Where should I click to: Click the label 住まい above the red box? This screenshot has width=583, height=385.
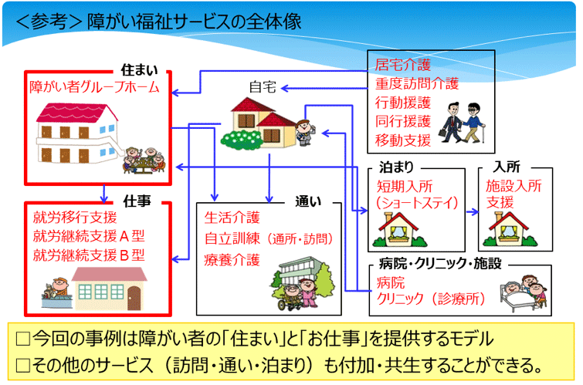coord(140,70)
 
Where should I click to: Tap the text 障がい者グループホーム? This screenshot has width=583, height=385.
coord(94,87)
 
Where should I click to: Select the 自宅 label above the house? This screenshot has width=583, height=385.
coord(263,87)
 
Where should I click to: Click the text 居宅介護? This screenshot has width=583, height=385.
coord(402,65)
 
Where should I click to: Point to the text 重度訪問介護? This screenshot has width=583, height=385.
coord(417,83)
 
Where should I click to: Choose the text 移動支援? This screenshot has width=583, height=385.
coord(402,140)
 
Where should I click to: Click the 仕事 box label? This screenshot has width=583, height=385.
coord(137,201)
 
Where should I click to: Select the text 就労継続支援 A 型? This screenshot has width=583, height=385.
coord(89,236)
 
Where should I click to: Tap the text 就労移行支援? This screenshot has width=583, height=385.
coord(75,218)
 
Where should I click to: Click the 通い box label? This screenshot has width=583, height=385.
coord(308,201)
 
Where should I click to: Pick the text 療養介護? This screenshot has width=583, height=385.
coord(232,260)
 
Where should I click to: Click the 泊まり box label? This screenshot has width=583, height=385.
coord(396,167)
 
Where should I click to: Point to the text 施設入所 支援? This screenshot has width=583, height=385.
coord(514,194)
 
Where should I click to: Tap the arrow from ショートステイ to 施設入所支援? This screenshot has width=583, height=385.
coord(473,212)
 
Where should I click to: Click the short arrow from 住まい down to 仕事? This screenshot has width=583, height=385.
coord(104,194)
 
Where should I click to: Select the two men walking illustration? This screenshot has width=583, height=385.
coord(463,123)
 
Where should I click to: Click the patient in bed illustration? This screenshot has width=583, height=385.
coord(524,293)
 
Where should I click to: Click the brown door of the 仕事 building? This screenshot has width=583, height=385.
coord(134,299)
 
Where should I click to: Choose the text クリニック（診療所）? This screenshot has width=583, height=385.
coord(432,299)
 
